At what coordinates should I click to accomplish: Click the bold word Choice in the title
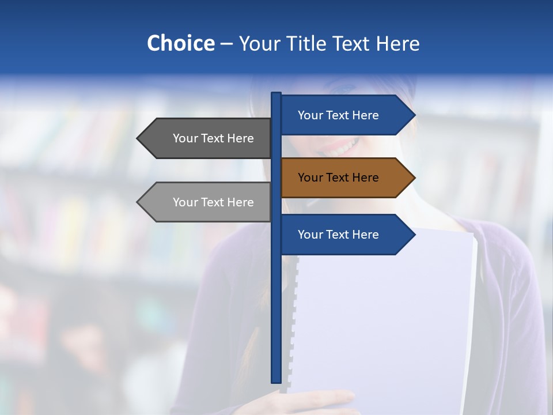pyautogui.click(x=180, y=43)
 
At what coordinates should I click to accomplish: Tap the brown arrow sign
pyautogui.click(x=346, y=178)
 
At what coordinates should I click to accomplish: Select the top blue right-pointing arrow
pyautogui.click(x=346, y=115)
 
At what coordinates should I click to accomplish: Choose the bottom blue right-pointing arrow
pyautogui.click(x=346, y=235)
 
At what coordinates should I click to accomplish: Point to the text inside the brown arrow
pyautogui.click(x=338, y=178)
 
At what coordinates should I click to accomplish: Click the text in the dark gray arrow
pyautogui.click(x=213, y=138)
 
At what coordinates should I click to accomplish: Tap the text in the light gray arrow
pyautogui.click(x=213, y=202)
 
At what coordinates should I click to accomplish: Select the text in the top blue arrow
pyautogui.click(x=338, y=115)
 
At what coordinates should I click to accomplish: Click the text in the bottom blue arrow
pyautogui.click(x=338, y=235)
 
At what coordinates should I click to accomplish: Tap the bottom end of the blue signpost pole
pyautogui.click(x=276, y=380)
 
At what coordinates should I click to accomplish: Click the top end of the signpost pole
pyautogui.click(x=276, y=95)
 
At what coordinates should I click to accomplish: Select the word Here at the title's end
pyautogui.click(x=397, y=43)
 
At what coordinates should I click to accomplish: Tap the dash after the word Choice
pyautogui.click(x=226, y=44)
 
